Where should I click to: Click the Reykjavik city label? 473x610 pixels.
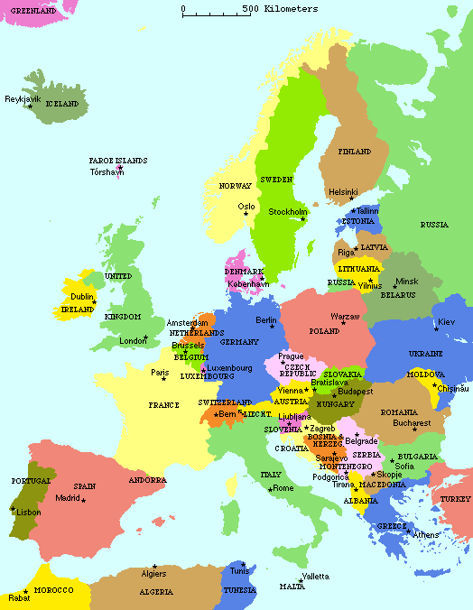[x=23, y=99]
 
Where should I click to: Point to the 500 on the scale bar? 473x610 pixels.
[x=249, y=9]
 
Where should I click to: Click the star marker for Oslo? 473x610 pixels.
[x=246, y=215]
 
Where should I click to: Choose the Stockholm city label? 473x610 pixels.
[x=288, y=212]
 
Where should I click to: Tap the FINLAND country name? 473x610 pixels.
[x=354, y=152]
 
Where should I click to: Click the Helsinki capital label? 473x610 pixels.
[x=343, y=191]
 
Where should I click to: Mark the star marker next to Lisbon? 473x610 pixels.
[x=12, y=511]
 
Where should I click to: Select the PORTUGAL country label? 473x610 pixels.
[x=31, y=481]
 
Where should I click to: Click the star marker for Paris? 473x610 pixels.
[x=163, y=380]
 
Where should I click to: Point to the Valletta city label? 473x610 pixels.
[x=315, y=576]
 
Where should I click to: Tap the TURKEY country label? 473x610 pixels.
[x=455, y=499]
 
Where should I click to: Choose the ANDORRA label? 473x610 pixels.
[x=147, y=480]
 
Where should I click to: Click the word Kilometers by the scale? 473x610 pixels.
[x=292, y=9]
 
